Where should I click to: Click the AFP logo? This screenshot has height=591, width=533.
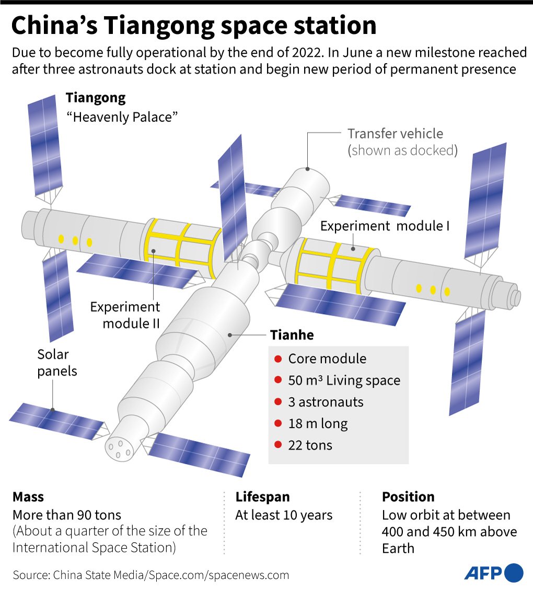coord(494,573)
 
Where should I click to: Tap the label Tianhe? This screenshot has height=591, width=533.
coord(292,335)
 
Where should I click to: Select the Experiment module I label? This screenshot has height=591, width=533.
coord(385,226)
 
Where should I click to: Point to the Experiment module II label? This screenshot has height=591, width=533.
coord(125,315)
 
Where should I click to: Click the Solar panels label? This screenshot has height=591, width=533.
coord(57,363)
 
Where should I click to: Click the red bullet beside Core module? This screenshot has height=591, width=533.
coord(278,359)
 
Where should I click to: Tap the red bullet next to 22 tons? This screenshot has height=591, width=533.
coord(278,445)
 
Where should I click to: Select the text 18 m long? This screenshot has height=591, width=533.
coord(318,424)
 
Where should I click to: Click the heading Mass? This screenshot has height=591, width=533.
coord(28,497)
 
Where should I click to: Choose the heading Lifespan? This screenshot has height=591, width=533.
coord(263,497)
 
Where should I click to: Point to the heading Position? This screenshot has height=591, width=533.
coord(408,497)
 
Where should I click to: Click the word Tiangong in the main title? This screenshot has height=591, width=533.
coord(159,26)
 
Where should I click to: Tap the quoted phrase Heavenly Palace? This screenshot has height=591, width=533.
coord(122,117)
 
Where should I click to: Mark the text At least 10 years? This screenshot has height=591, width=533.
coord(284,515)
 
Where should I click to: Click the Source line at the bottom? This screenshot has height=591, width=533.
coord(151,575)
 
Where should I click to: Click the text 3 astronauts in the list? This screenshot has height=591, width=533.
coord(326,402)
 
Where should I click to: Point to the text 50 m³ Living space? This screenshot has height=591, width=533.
coord(344,381)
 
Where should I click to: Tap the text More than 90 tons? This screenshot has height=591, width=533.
coord(67,515)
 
